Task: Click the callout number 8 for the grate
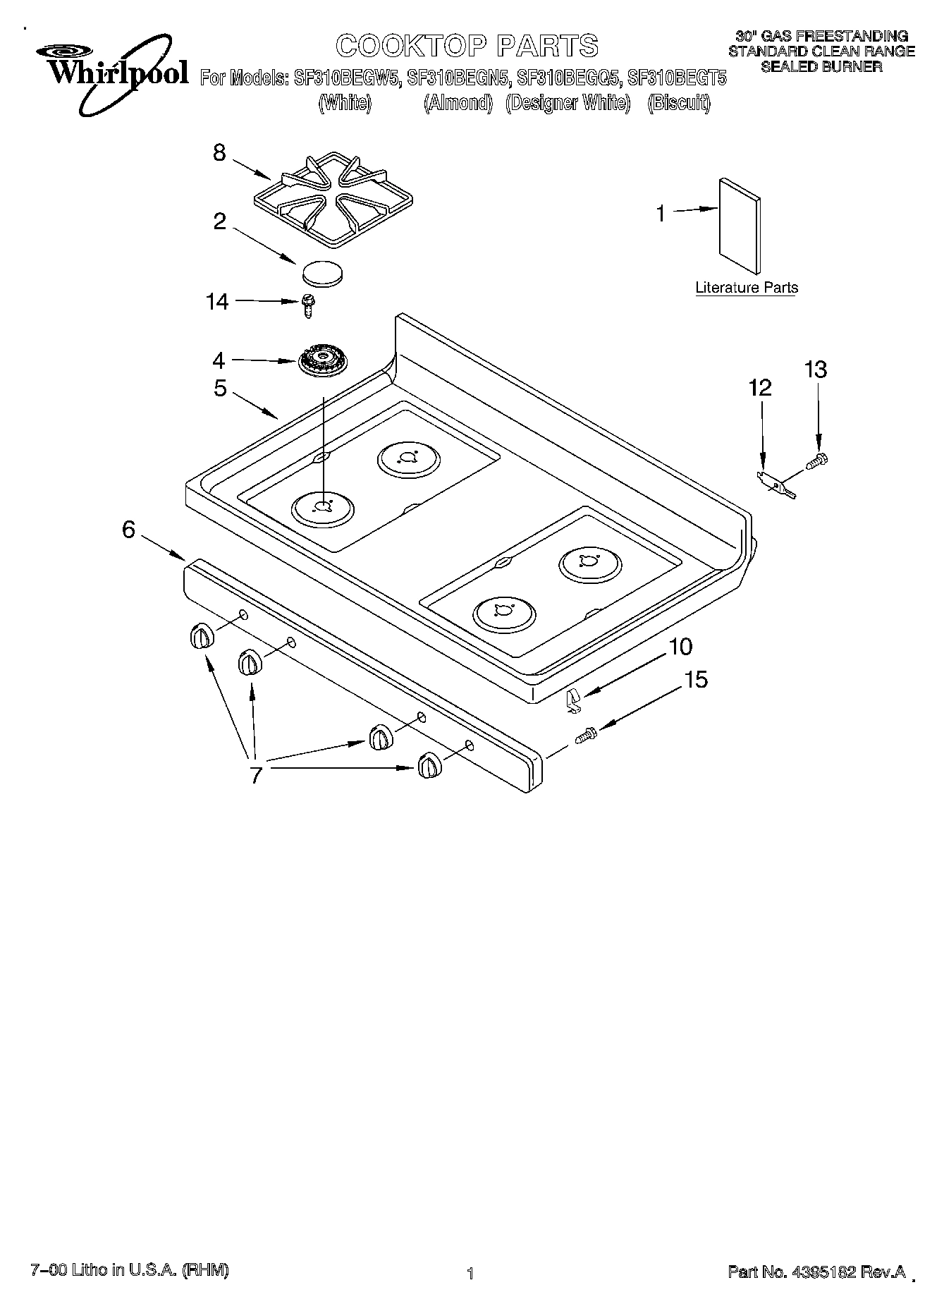tap(219, 152)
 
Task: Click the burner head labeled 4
tap(321, 361)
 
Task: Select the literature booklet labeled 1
tap(740, 225)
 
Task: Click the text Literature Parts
tap(747, 288)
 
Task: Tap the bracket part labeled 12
tap(776, 485)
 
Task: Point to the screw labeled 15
tap(586, 736)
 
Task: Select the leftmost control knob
tap(201, 635)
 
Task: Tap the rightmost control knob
tap(429, 765)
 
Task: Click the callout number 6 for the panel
tap(128, 529)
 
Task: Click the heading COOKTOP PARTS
tap(467, 46)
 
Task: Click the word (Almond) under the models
tap(458, 103)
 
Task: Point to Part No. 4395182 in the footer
tap(816, 1272)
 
